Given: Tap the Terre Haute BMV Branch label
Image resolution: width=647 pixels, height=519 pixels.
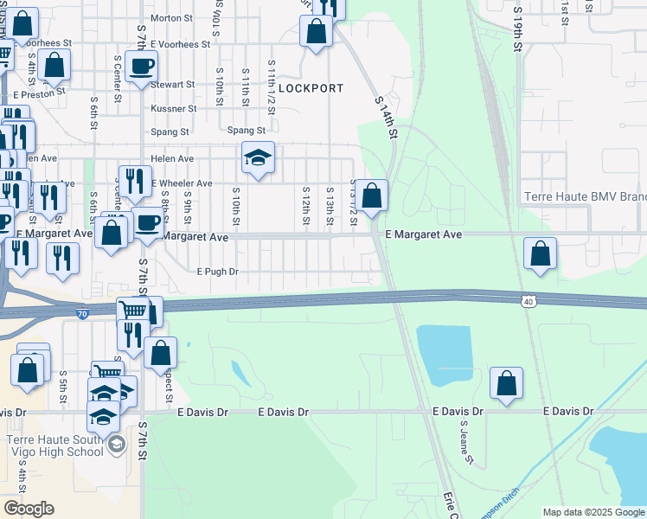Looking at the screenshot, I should click(585, 196).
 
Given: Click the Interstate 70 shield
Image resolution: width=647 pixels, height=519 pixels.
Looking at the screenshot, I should click(81, 312).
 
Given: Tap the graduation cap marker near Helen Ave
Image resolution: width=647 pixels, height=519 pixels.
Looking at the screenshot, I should click(257, 158).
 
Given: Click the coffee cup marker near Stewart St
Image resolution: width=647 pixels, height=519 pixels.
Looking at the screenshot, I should click(141, 67).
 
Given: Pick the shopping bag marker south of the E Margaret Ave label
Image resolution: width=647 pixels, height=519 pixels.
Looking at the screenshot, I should click(540, 254).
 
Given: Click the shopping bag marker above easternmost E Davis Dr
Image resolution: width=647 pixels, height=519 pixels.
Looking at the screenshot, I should click(506, 384).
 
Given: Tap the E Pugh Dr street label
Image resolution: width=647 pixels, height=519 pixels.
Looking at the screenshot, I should click(217, 272).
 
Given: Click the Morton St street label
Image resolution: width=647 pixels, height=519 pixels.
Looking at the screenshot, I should click(171, 17).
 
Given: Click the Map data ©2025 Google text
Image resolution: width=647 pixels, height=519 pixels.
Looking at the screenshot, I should click(593, 512).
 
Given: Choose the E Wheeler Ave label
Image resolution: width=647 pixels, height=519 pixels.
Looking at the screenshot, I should click(183, 183).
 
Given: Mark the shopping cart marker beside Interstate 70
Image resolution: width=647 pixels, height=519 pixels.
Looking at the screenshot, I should click(132, 311).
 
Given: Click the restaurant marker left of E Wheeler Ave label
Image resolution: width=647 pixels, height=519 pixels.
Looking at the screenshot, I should click(134, 181).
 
